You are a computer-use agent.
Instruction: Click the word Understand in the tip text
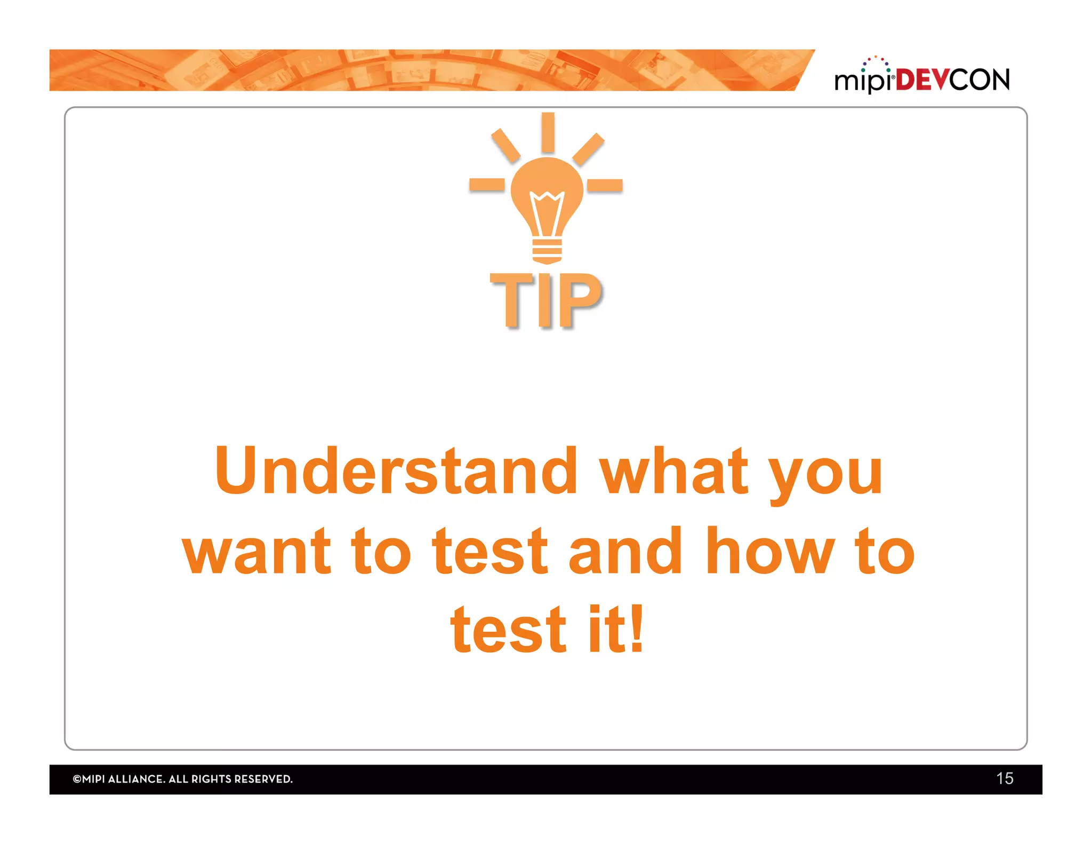[x=396, y=471]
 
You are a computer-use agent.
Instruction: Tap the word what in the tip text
[x=674, y=471]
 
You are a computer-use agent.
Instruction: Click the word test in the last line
[x=508, y=630]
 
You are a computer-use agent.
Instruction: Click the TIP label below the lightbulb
[x=546, y=300]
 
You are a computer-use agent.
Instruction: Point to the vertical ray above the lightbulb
[x=548, y=132]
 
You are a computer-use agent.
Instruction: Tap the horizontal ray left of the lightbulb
[x=486, y=185]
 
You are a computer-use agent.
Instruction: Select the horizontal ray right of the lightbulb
[x=605, y=185]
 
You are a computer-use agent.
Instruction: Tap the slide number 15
[x=1005, y=778]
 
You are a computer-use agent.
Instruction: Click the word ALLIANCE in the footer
[x=136, y=779]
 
